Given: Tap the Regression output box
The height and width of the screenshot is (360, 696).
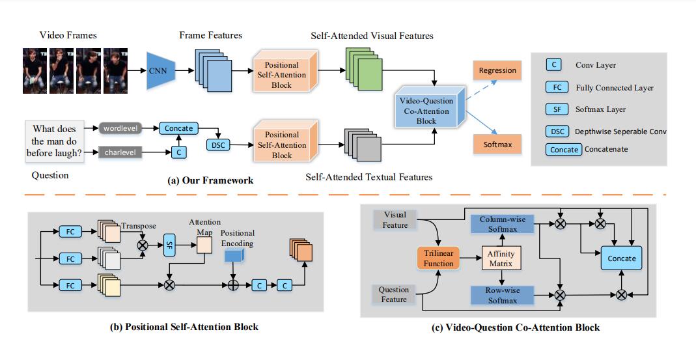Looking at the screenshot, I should (x=497, y=70).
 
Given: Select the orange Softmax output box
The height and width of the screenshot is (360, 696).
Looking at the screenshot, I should (x=497, y=143).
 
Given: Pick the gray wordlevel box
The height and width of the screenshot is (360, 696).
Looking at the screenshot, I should (x=118, y=130).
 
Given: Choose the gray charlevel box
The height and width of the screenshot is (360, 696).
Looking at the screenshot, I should (x=118, y=154).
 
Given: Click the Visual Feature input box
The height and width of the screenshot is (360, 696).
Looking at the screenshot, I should (x=395, y=220).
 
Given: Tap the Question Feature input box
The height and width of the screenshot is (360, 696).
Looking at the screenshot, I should (x=395, y=294).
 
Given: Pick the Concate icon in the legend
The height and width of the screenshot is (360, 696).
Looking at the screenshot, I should (x=564, y=150).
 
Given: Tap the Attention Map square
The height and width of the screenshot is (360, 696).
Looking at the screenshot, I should (x=205, y=243).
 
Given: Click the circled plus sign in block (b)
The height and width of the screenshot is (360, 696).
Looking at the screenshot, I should (x=233, y=285).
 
